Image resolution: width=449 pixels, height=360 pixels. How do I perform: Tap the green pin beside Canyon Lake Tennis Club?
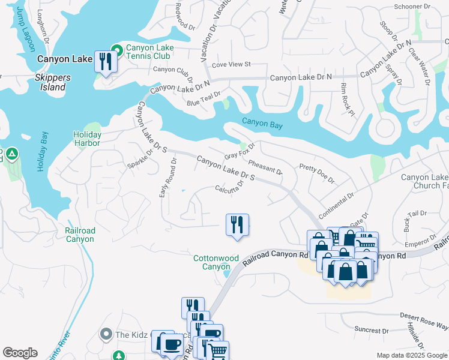(x=116, y=48)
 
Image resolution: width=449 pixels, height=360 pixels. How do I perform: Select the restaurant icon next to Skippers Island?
(x=106, y=62)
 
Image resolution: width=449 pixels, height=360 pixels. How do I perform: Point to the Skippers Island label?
(x=52, y=82)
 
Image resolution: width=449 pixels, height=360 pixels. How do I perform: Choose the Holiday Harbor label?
(x=87, y=139)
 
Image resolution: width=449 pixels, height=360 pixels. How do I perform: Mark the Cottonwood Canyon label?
(x=216, y=262)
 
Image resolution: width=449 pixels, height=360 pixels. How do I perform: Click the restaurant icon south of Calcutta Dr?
(x=237, y=225)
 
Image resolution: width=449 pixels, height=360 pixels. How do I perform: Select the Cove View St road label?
(x=231, y=64)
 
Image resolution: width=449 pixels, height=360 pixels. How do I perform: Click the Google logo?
(x=20, y=353)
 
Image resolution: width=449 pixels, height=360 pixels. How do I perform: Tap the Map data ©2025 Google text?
(x=411, y=355)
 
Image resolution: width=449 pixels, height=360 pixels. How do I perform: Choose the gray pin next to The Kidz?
(x=106, y=334)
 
